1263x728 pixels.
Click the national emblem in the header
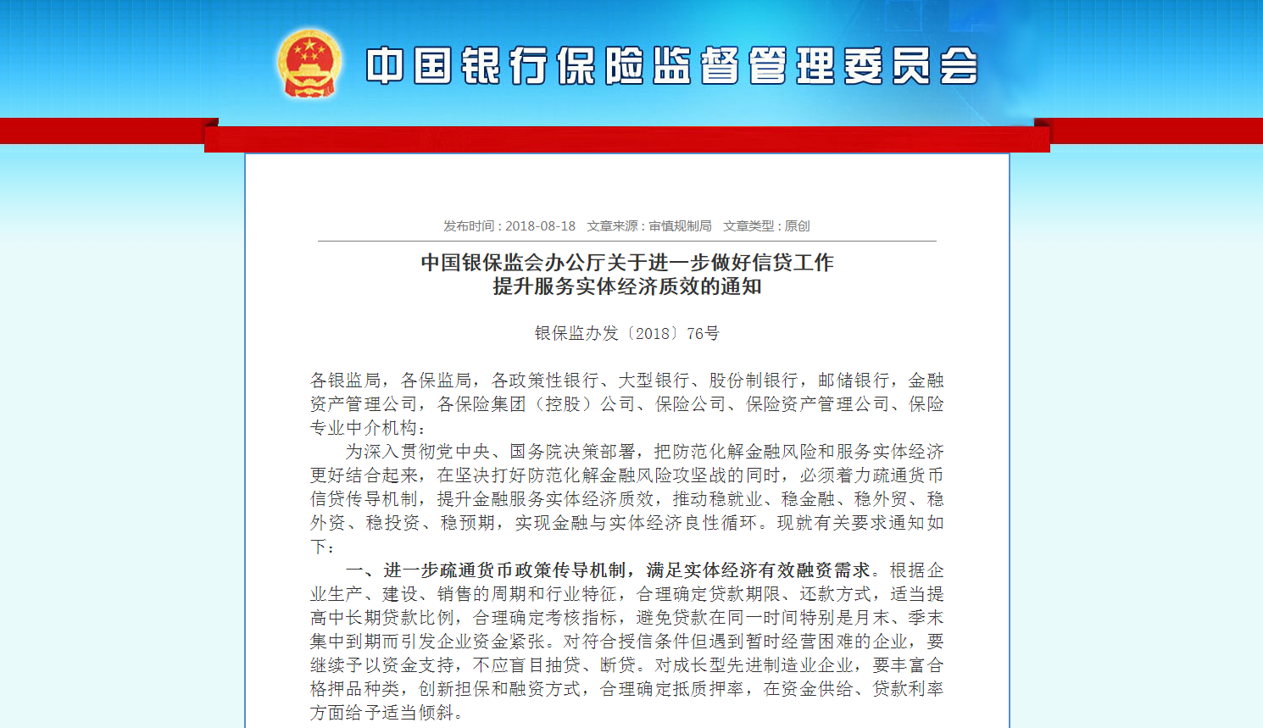[x=309, y=64]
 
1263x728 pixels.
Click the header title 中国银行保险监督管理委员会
[x=672, y=66]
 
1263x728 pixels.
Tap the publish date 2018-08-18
[x=540, y=226]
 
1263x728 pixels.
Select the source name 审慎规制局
[x=680, y=226]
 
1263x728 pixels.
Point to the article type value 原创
[x=797, y=226]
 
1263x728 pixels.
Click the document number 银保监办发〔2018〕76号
[x=626, y=334]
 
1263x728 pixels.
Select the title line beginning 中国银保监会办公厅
[x=627, y=263]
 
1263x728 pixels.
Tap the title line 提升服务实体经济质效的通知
[x=627, y=286]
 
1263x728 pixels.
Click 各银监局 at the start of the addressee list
[x=345, y=381]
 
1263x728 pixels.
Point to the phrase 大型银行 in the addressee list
[x=654, y=381]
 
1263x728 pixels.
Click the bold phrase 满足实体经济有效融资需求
[x=758, y=570]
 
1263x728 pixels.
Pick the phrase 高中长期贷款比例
[x=381, y=618]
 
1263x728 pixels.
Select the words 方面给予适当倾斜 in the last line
[x=381, y=713]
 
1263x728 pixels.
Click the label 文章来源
[x=613, y=226]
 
